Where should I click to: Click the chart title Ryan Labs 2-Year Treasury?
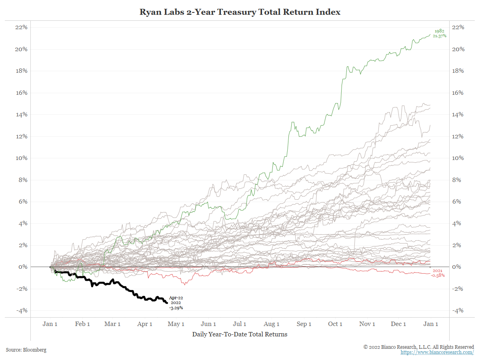click(x=240, y=12)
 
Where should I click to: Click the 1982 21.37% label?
click(x=439, y=34)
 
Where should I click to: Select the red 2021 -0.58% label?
click(x=438, y=273)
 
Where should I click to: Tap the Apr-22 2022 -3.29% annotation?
click(x=175, y=303)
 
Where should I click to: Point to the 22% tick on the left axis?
click(x=21, y=27)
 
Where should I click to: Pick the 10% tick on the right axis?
click(x=458, y=158)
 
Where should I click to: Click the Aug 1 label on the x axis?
click(x=272, y=324)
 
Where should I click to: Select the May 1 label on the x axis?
click(x=176, y=324)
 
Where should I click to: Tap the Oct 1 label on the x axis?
click(x=335, y=324)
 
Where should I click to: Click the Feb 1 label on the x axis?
click(x=82, y=324)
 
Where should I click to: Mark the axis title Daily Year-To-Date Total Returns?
click(x=240, y=334)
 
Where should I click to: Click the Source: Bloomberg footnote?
click(x=26, y=350)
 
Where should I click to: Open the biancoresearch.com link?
click(x=437, y=352)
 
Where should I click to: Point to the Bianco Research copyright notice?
click(x=418, y=347)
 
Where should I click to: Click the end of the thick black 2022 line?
click(x=167, y=303)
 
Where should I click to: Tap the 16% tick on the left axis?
click(x=21, y=93)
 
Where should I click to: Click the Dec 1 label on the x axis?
click(x=398, y=324)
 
